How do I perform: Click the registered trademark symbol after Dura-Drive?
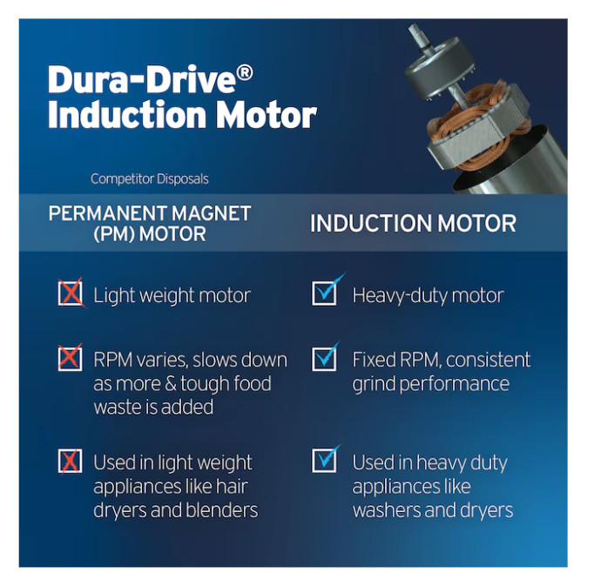[246, 72]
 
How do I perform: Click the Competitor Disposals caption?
[150, 179]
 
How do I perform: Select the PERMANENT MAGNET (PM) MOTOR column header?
[150, 224]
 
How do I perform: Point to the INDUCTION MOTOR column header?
[413, 223]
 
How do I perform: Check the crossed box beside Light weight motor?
[71, 293]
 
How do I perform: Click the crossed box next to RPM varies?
[70, 358]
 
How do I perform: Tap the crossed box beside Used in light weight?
[70, 461]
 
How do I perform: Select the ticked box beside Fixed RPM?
[325, 358]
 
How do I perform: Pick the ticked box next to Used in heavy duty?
[325, 460]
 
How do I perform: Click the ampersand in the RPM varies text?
[171, 383]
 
